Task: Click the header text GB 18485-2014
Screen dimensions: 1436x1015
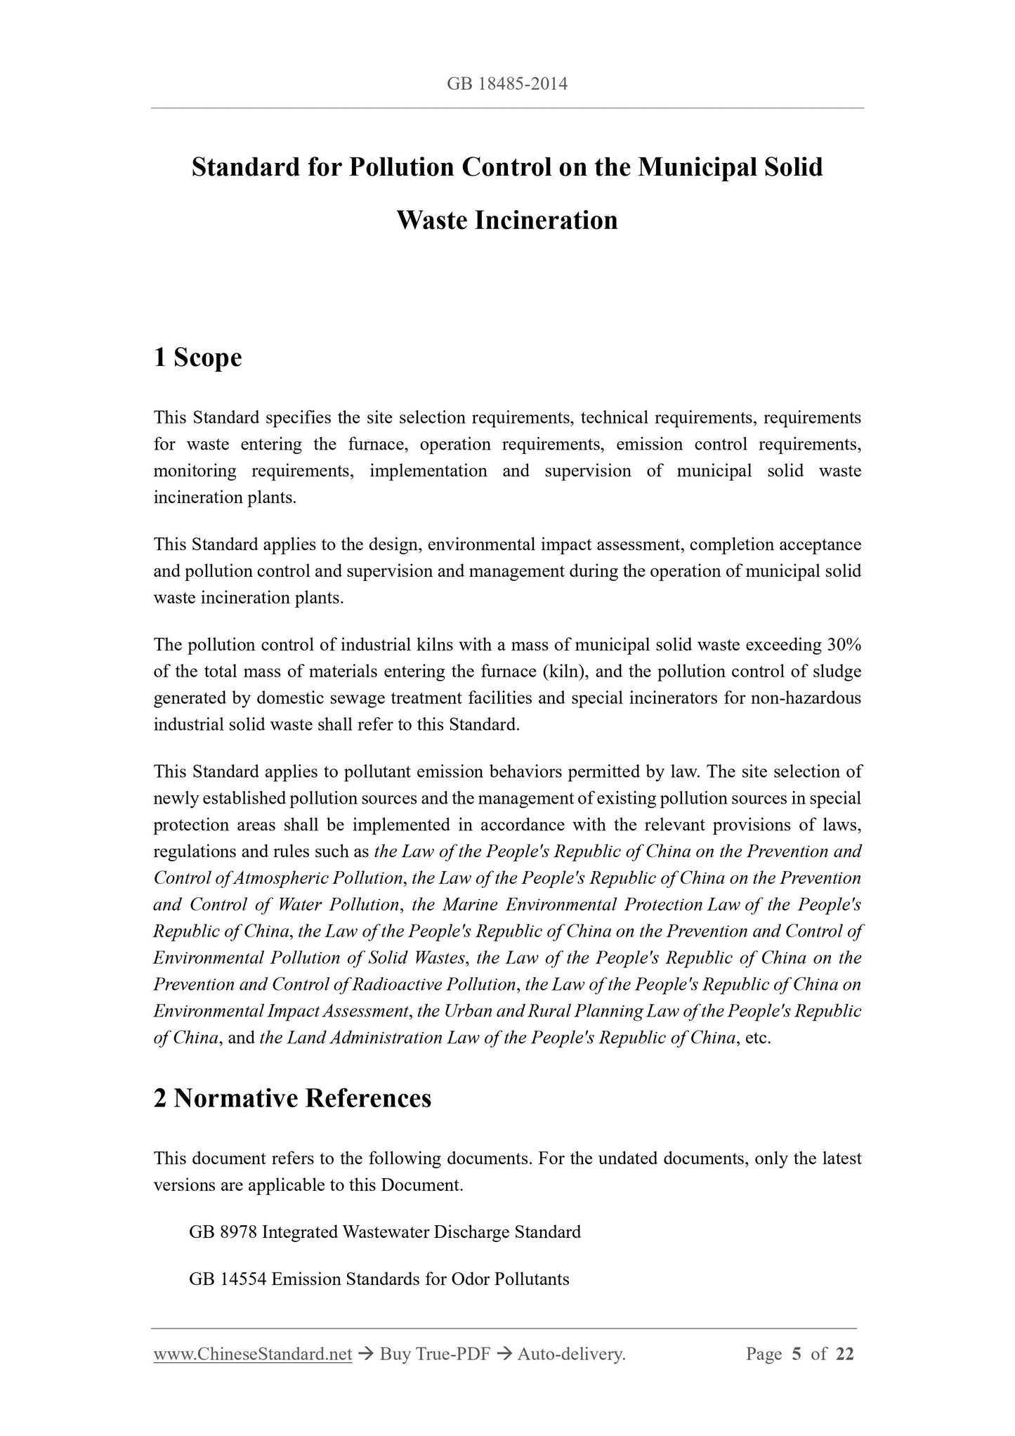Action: tap(507, 85)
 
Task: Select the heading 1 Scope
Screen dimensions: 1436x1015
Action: tap(197, 358)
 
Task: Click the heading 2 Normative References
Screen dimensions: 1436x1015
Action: tap(292, 1097)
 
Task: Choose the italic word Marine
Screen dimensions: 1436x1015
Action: tap(471, 905)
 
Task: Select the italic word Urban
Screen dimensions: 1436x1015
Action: tap(466, 1011)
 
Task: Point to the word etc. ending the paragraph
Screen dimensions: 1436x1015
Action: tap(759, 1038)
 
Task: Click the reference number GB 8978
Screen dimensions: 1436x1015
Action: tap(223, 1232)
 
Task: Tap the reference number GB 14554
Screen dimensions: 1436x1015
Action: tap(228, 1279)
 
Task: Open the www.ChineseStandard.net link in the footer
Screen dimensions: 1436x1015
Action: tap(252, 1355)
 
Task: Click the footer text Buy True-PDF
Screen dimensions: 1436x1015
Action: tap(434, 1355)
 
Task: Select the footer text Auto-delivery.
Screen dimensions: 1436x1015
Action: tap(571, 1355)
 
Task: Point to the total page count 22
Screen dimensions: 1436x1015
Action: tap(844, 1355)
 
